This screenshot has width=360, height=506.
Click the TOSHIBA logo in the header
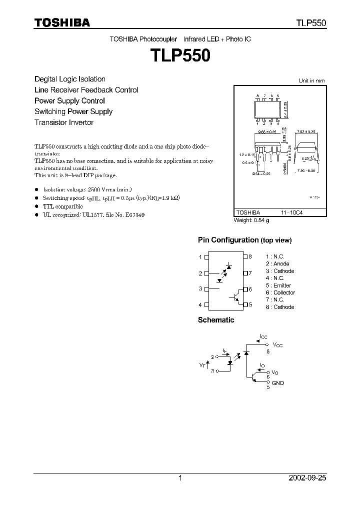click(x=62, y=23)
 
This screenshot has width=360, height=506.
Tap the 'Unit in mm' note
click(x=311, y=80)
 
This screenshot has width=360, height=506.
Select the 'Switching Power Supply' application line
click(x=73, y=111)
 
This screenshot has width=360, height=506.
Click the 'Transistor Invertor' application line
click(x=64, y=122)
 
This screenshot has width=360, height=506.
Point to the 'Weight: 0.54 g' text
click(x=251, y=220)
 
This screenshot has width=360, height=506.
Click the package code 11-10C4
click(x=296, y=212)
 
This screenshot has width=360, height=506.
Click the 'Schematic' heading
click(x=216, y=320)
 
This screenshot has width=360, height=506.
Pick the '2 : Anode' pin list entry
click(x=277, y=263)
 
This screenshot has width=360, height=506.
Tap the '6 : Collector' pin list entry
click(x=280, y=292)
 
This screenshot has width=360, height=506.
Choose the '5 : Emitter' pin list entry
click(x=278, y=285)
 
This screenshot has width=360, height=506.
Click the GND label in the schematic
click(x=277, y=383)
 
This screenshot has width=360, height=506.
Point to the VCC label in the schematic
click(x=277, y=345)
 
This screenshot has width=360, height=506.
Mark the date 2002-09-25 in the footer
click(x=307, y=478)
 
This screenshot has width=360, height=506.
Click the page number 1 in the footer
click(x=180, y=478)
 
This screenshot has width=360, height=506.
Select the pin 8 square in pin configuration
click(x=245, y=257)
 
